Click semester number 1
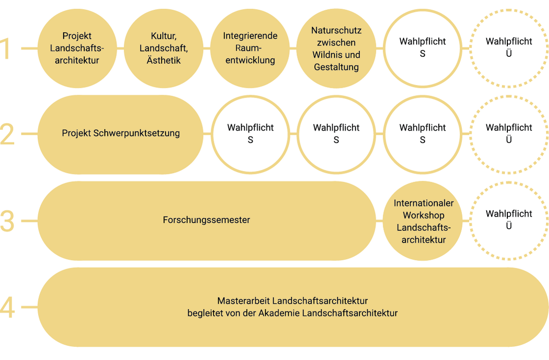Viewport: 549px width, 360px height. click(x=6, y=48)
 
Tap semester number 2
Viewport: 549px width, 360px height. click(x=7, y=134)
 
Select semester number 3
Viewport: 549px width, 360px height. click(x=7, y=221)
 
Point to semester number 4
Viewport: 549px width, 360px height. click(x=7, y=307)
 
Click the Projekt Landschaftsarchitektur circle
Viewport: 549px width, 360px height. click(x=77, y=48)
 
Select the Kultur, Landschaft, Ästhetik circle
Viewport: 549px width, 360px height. click(x=164, y=48)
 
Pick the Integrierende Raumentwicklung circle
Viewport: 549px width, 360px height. click(x=250, y=48)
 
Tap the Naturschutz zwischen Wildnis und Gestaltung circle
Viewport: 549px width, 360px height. click(x=336, y=48)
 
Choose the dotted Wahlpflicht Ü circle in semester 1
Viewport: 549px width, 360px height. click(x=509, y=10)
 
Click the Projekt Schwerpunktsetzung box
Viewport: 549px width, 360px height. click(x=121, y=134)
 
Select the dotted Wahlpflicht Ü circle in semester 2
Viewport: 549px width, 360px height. click(x=509, y=96)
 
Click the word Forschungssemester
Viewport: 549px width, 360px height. click(x=206, y=220)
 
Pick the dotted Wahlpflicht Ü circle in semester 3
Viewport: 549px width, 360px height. click(x=509, y=183)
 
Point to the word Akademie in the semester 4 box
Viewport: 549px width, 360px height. click(x=279, y=313)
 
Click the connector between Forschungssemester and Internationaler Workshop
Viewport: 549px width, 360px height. click(x=379, y=221)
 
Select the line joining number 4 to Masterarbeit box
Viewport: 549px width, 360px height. click(x=30, y=307)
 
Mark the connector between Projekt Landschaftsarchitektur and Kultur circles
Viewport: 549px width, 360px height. click(x=121, y=48)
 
